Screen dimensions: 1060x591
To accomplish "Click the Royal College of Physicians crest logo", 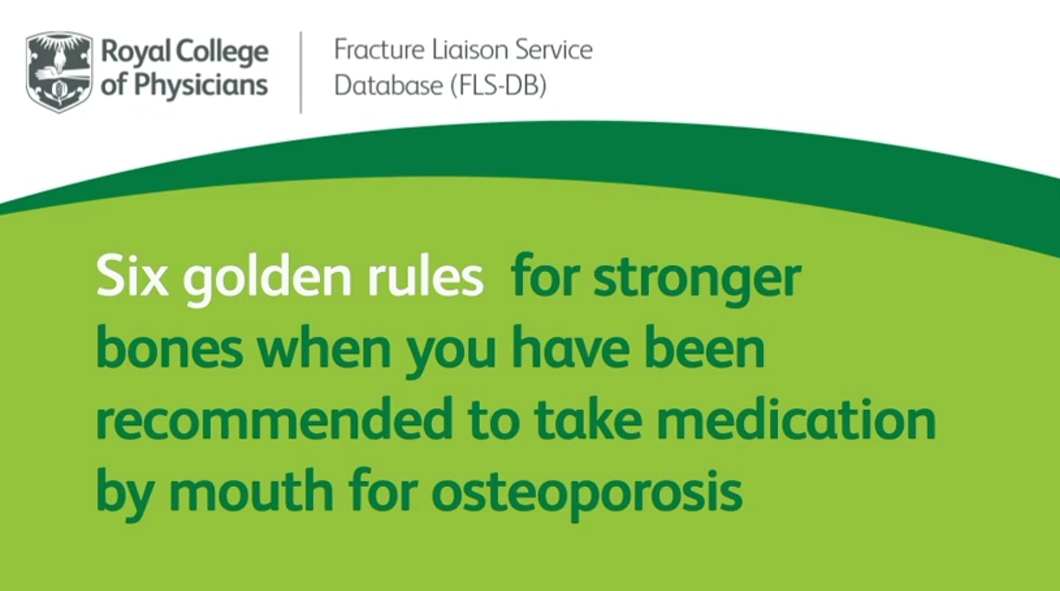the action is point(59,72).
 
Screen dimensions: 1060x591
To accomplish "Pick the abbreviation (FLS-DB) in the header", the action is point(498,86).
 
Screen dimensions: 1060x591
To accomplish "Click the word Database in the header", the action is point(388,85).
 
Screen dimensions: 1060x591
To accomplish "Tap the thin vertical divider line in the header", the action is point(301,72).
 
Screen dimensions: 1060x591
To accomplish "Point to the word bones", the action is point(170,348).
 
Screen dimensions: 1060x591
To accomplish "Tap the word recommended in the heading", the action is point(274,419).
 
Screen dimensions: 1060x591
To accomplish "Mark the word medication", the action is point(796,419).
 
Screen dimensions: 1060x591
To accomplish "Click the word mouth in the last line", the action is point(251,490).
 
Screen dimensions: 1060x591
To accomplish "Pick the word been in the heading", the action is point(705,348).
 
